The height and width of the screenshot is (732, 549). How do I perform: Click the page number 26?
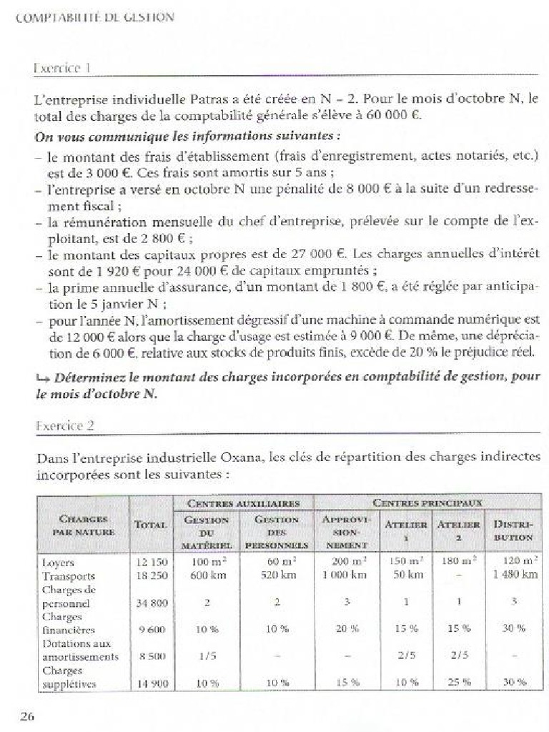pyautogui.click(x=27, y=717)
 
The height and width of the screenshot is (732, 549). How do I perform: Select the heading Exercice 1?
pyautogui.click(x=61, y=68)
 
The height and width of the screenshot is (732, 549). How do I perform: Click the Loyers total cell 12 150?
pyautogui.click(x=151, y=563)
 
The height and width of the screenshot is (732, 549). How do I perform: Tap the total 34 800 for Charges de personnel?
pyautogui.click(x=151, y=603)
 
